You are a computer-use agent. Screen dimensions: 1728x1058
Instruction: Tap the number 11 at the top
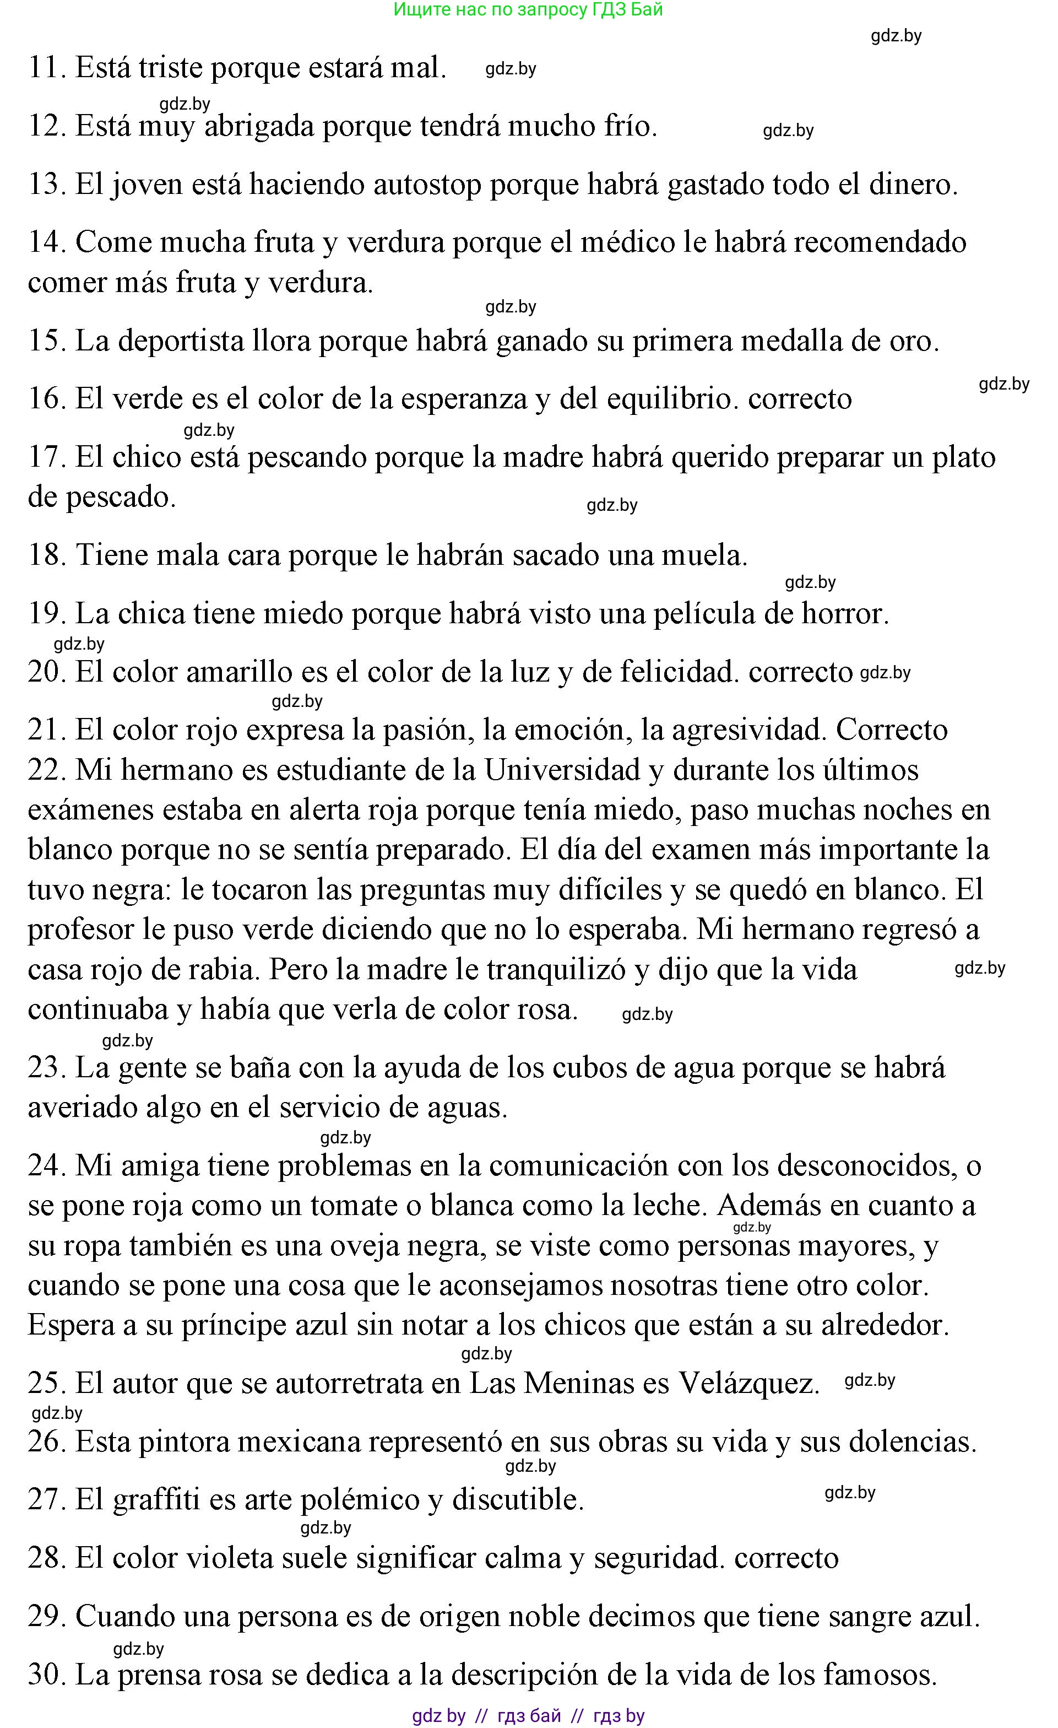click(x=45, y=68)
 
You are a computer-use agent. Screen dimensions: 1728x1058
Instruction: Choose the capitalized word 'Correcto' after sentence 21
click(x=891, y=730)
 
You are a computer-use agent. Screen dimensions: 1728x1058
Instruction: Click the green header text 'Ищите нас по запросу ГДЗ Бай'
click(x=528, y=10)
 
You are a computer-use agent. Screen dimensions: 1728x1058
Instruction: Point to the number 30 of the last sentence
click(x=46, y=1675)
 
